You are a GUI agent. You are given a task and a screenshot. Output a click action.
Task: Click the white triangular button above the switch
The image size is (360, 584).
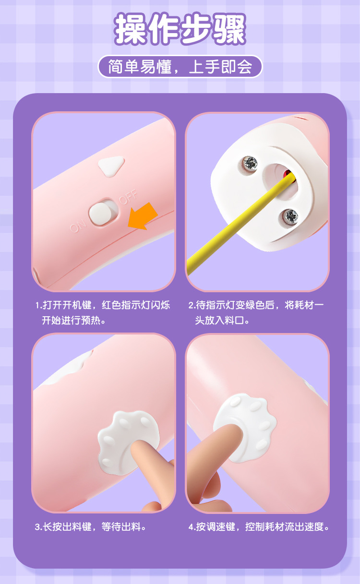coord(111,166)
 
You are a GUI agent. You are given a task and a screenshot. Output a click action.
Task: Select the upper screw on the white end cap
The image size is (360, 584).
coord(250,163)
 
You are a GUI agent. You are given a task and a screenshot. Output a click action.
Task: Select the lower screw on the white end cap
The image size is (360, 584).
coord(290,215)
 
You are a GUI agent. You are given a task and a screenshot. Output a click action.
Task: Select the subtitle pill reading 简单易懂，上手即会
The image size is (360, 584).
coord(180,67)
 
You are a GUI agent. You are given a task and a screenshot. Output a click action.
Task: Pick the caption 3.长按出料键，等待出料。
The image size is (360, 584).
coord(91,526)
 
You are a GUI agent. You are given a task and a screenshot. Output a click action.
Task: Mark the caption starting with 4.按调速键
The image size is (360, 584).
coord(259,526)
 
